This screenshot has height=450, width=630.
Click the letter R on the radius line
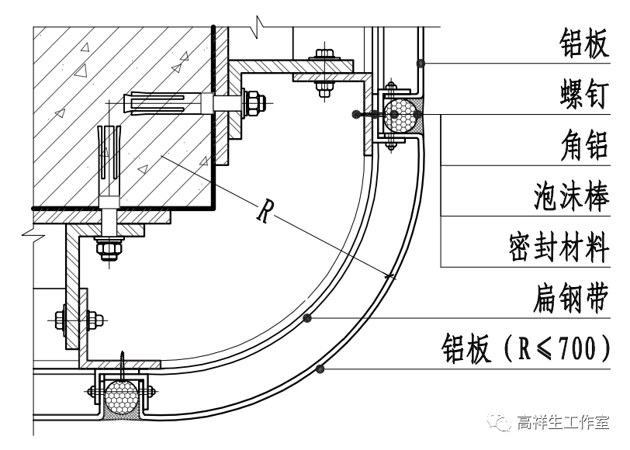[x=265, y=210]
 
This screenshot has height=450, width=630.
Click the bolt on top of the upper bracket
[x=324, y=56]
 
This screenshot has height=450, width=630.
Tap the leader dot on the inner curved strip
[x=308, y=317]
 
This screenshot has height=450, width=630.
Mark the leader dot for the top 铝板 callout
[x=419, y=62]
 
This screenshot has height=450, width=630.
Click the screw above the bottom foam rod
[x=123, y=362]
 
